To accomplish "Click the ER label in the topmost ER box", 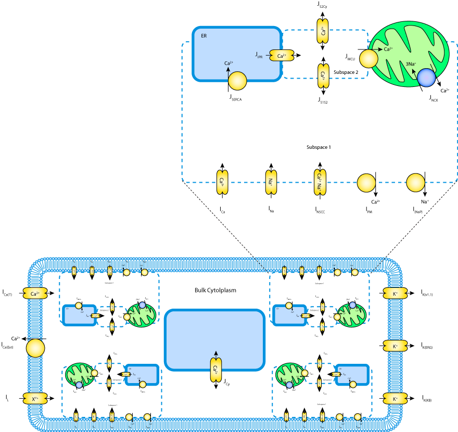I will point(204,36).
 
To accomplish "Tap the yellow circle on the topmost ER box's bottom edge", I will point(237,81).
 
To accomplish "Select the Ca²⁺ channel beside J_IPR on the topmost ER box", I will point(282,56).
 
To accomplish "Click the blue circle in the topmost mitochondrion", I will point(426,78).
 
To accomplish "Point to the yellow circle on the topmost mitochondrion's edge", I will point(368,58).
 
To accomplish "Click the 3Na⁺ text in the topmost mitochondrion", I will point(411,64).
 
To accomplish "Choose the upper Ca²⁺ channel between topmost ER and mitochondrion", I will point(323,31).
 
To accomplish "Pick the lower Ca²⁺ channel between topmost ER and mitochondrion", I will point(323,76).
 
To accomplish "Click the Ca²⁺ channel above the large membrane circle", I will point(35,294).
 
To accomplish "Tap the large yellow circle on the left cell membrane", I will point(35,348).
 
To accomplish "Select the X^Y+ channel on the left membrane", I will point(35,399).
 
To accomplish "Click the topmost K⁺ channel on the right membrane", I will point(395,294).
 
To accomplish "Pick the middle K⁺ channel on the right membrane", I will point(395,346).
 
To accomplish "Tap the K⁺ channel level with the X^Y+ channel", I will point(395,399).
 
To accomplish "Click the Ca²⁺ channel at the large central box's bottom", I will point(215,370).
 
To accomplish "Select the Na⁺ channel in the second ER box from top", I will point(271,182).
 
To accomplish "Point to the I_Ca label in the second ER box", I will point(222,210).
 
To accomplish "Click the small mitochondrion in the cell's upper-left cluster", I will point(142,315).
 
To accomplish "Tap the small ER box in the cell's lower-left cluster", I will point(142,375).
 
